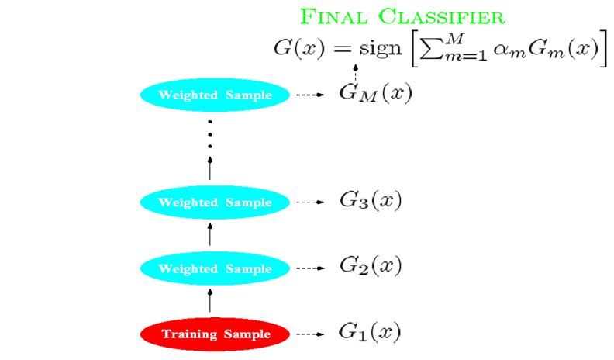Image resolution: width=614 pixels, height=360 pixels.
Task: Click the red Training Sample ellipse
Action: click(x=216, y=334)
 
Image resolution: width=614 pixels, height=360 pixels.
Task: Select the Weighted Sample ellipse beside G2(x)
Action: click(x=216, y=268)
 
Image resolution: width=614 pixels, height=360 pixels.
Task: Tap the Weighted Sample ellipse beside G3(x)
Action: click(x=216, y=202)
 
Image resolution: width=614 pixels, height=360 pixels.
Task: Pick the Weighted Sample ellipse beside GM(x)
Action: click(x=216, y=95)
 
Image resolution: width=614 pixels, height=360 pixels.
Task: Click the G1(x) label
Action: click(x=370, y=333)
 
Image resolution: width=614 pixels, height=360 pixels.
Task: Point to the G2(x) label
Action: click(x=370, y=267)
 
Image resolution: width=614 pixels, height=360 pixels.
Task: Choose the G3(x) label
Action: click(x=370, y=201)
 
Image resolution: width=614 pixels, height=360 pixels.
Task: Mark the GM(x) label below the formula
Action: click(x=375, y=95)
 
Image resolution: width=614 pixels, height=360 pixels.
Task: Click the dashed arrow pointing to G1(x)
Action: click(x=310, y=334)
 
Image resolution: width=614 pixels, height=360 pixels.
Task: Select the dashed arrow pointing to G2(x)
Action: click(x=310, y=268)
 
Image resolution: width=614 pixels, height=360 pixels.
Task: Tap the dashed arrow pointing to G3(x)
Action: click(x=310, y=202)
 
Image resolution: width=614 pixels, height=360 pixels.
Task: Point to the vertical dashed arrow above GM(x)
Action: click(x=356, y=74)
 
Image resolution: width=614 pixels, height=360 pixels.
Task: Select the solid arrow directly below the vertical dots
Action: click(x=210, y=166)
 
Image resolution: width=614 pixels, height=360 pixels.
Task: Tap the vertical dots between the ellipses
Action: click(x=210, y=136)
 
